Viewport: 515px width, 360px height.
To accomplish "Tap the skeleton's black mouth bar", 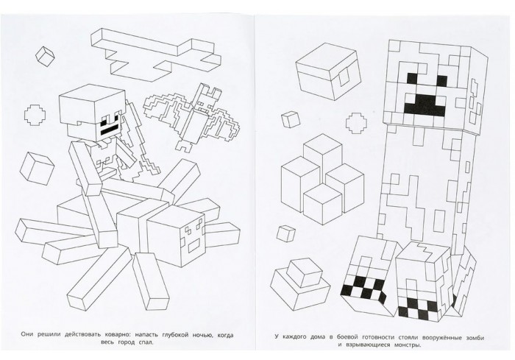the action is click(x=108, y=130).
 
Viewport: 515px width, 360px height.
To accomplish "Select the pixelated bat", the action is click(x=193, y=115).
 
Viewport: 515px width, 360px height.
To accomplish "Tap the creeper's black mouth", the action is click(x=425, y=105).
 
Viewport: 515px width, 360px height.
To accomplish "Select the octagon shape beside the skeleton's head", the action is click(x=35, y=115).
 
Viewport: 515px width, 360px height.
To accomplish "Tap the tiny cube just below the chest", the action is click(x=291, y=119).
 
